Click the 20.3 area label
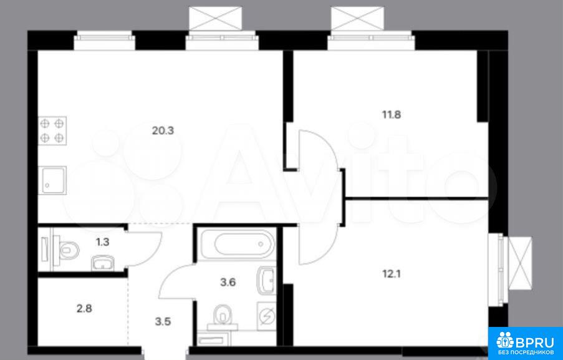pyautogui.click(x=163, y=130)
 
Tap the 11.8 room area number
pyautogui.click(x=391, y=115)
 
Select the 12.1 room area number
pyautogui.click(x=391, y=274)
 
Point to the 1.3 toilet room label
pyautogui.click(x=102, y=242)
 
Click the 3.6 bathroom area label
pyautogui.click(x=228, y=283)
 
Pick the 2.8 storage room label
pyautogui.click(x=84, y=308)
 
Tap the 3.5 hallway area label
pyautogui.click(x=163, y=321)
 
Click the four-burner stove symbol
pyautogui.click(x=52, y=130)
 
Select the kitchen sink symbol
pyautogui.click(x=52, y=180)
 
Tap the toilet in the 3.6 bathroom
pyautogui.click(x=223, y=317)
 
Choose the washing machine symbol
pyautogui.click(x=267, y=316)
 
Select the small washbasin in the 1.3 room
pyautogui.click(x=103, y=263)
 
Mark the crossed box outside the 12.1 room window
pyautogui.click(x=520, y=263)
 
